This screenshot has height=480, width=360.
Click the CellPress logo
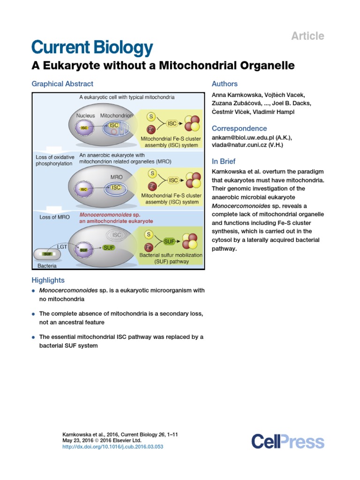pos(287,442)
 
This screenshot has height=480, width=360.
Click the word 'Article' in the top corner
pos(307,36)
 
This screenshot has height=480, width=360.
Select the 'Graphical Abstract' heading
pos(62,84)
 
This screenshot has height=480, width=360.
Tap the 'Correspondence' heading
pos(239,128)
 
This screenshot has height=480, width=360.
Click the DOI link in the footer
pos(113,447)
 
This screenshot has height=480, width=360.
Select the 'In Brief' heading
pos(224,161)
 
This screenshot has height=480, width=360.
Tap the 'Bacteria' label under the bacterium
pos(47,266)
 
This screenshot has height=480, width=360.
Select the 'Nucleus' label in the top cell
pos(85,115)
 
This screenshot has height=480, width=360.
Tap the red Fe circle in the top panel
pos(151,129)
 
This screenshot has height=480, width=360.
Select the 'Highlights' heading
pos(48,280)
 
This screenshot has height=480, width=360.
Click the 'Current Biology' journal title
pos(92,48)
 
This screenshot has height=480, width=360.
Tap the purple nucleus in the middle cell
pos(85,189)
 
